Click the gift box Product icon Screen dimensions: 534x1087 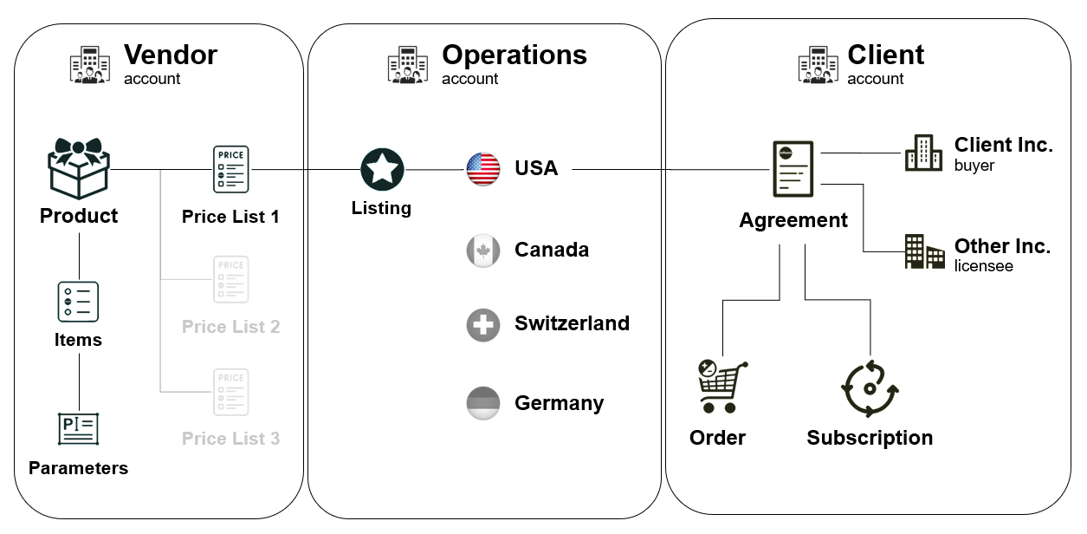point(78,168)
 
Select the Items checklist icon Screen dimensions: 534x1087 point(78,302)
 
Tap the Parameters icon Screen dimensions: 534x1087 point(78,429)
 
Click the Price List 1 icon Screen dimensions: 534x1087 point(230,169)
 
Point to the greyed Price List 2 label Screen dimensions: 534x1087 point(230,327)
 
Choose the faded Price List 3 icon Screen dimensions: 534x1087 point(230,392)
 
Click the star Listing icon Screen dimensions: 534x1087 point(382,169)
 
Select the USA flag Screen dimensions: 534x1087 point(483,169)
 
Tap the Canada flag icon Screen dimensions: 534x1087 point(483,251)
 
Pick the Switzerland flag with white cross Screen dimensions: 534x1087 point(483,324)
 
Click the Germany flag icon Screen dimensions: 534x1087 point(483,403)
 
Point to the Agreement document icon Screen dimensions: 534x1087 point(793,169)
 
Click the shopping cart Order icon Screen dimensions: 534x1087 point(721,387)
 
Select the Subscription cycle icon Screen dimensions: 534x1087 point(870,388)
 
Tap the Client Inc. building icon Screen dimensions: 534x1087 point(922,153)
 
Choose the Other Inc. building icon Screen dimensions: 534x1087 point(923,251)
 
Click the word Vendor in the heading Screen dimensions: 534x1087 point(170,55)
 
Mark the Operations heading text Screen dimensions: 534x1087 point(514,55)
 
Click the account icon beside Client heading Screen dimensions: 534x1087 point(817,65)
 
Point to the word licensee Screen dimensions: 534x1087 point(983,266)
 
